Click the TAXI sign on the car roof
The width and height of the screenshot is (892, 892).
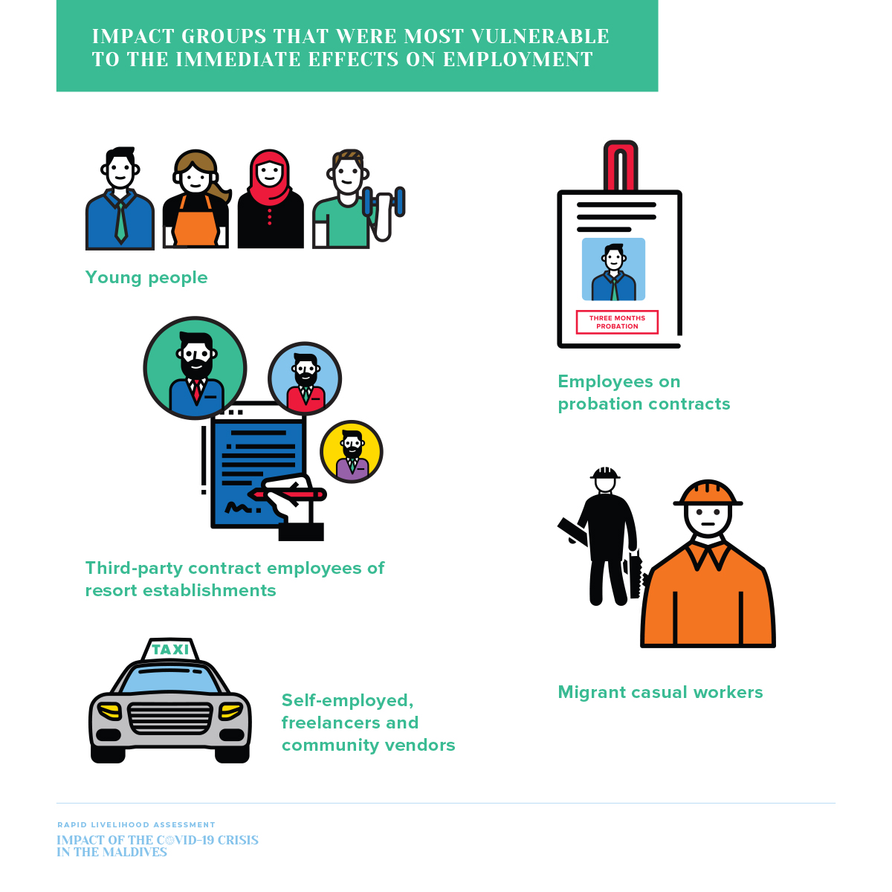click(170, 650)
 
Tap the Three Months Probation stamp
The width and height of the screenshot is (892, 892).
click(617, 322)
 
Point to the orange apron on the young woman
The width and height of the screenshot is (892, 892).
click(195, 224)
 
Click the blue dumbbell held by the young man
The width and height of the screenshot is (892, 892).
click(399, 201)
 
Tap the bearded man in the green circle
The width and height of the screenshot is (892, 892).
click(195, 368)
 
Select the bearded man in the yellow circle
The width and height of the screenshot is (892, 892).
click(352, 452)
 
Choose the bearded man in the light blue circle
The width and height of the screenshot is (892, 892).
click(305, 379)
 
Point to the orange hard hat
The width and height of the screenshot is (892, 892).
click(708, 494)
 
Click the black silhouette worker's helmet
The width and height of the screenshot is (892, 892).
click(605, 473)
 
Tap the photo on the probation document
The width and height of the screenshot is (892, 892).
click(613, 269)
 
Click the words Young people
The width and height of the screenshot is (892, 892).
click(146, 277)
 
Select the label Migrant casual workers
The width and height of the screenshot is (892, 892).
click(660, 692)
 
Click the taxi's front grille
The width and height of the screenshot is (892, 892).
click(170, 717)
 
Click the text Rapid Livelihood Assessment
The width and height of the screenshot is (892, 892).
click(136, 824)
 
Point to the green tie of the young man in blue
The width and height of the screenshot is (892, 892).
click(120, 221)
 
